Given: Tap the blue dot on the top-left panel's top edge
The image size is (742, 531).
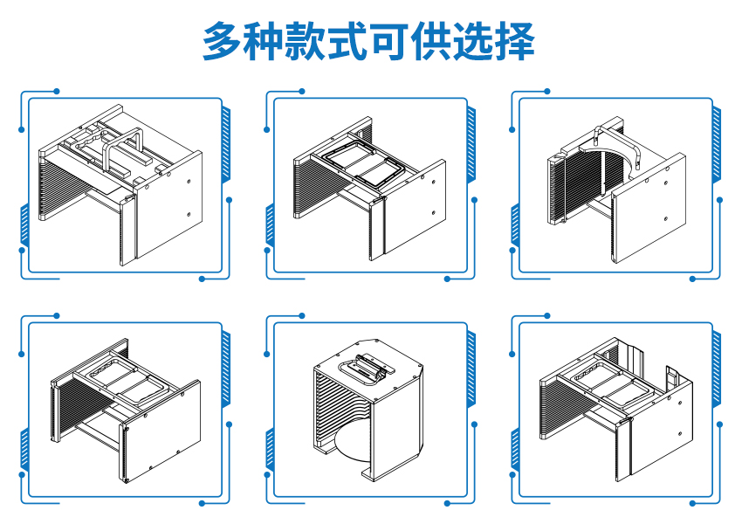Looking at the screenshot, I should click(57, 91).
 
